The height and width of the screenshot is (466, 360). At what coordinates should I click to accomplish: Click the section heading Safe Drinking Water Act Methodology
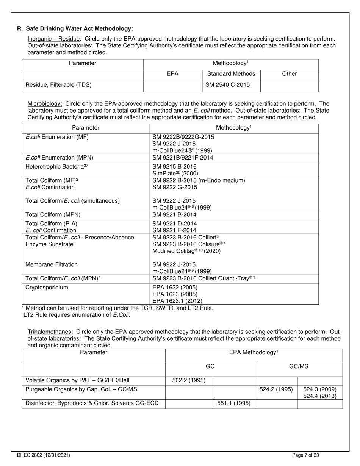click(79, 29)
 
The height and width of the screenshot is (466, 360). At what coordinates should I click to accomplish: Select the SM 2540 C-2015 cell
click(227, 85)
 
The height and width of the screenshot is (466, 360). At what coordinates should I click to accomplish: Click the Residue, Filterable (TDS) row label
click(58, 85)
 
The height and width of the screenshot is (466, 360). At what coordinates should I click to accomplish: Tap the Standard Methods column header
click(231, 74)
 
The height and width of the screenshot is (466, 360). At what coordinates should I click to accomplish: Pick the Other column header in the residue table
click(290, 74)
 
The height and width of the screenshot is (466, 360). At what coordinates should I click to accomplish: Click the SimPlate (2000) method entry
click(175, 173)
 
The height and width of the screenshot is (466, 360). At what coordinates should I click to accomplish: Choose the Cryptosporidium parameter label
click(47, 288)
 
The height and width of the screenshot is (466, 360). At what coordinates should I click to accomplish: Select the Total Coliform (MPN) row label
click(53, 214)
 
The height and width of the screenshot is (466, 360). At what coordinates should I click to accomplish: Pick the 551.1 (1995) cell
click(233, 403)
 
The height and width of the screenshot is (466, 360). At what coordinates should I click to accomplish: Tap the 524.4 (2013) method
click(320, 396)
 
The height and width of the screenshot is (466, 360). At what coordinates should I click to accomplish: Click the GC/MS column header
click(299, 367)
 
